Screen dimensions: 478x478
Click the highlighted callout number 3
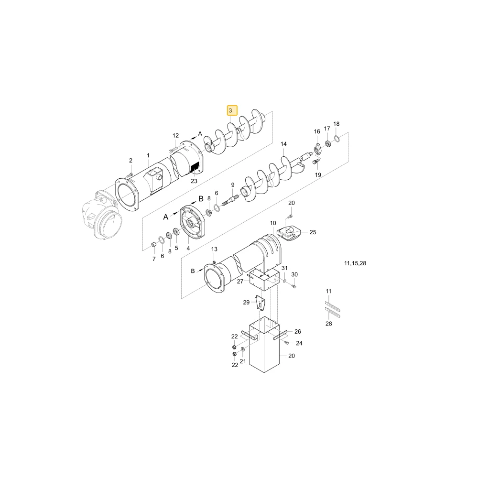coord(230,110)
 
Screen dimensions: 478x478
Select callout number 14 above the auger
coord(283,144)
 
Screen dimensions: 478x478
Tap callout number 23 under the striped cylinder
coord(194,181)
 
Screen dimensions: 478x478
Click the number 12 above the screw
coord(175,136)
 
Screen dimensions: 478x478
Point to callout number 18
coord(336,124)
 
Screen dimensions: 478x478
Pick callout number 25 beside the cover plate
coord(313,232)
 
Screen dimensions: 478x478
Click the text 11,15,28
coord(355,263)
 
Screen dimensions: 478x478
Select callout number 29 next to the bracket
coord(246,303)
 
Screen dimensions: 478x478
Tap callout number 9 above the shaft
coord(233,185)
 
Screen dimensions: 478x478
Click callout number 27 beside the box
coord(240,282)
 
